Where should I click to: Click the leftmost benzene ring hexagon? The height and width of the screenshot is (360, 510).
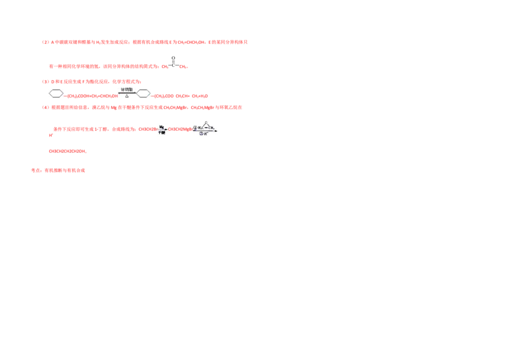(x=56, y=94)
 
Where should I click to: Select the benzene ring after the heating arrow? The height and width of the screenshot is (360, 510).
(x=145, y=94)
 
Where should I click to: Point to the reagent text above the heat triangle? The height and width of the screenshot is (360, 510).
(x=127, y=90)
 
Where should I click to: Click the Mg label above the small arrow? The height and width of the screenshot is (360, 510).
(x=162, y=127)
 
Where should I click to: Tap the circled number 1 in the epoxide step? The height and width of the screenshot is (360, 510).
(x=195, y=127)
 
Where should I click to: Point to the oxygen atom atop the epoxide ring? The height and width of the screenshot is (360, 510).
(x=205, y=121)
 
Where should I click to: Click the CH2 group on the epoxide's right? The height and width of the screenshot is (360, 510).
(x=212, y=127)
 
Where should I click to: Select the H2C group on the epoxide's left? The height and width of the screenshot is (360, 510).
(x=200, y=127)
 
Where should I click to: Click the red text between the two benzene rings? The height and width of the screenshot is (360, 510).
(x=92, y=96)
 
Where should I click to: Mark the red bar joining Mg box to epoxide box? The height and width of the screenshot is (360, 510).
(x=179, y=129)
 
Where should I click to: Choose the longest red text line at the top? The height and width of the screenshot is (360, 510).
(x=145, y=41)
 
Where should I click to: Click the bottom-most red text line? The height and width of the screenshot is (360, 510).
(x=59, y=170)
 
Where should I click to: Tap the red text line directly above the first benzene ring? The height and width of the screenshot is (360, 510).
(x=91, y=82)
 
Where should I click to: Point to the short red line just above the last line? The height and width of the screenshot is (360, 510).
(x=66, y=151)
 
